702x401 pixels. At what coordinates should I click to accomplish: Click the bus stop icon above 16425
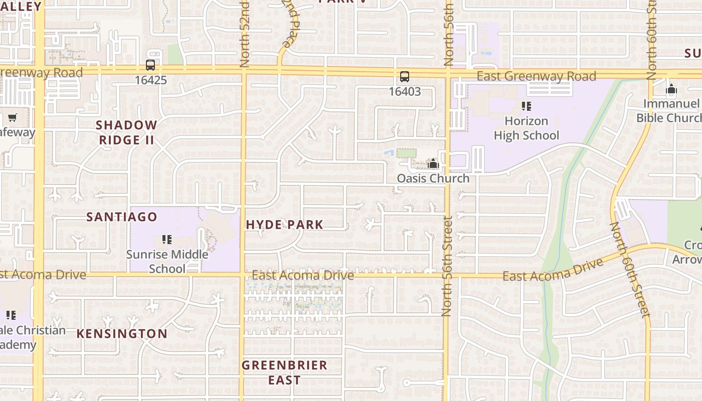[x=150, y=65]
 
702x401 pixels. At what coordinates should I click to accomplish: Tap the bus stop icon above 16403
[x=405, y=77]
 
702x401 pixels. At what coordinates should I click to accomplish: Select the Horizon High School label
[x=526, y=128]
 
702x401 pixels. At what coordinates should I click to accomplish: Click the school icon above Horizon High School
[x=526, y=106]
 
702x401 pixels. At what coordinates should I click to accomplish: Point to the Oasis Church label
[x=433, y=178]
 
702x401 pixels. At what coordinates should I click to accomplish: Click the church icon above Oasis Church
[x=433, y=163]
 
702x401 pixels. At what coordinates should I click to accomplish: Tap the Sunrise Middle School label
[x=167, y=261]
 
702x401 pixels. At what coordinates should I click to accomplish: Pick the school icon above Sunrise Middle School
[x=167, y=240]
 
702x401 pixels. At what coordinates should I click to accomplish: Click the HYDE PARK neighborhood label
[x=285, y=225]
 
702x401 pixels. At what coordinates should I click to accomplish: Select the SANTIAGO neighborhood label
[x=122, y=217]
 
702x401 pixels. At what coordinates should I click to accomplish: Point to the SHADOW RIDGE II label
[x=126, y=132]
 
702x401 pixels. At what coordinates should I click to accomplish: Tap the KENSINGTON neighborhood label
[x=122, y=334]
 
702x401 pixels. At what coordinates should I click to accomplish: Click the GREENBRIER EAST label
[x=284, y=372]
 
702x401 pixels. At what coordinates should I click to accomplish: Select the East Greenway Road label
[x=537, y=77]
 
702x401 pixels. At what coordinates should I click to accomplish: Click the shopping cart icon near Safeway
[x=12, y=118]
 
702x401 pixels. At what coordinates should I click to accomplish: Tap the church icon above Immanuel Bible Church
[x=671, y=91]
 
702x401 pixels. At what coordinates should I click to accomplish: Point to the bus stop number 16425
[x=150, y=80]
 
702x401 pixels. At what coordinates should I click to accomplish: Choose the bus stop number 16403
[x=405, y=92]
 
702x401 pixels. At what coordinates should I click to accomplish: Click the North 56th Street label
[x=447, y=266]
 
